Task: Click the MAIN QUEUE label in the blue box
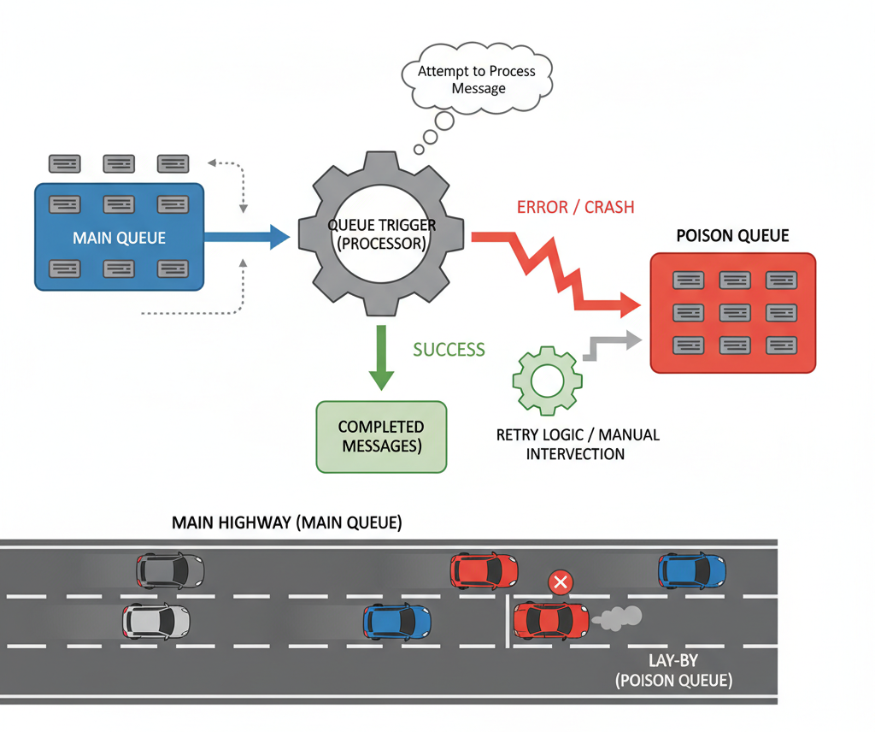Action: (x=119, y=238)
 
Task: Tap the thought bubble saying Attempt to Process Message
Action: (x=476, y=80)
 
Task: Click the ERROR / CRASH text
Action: (x=575, y=208)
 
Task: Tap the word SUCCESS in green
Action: (x=449, y=349)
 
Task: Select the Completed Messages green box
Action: (x=381, y=436)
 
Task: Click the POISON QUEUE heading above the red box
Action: (x=732, y=236)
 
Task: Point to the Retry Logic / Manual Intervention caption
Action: (x=578, y=444)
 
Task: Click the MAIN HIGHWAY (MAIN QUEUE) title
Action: (x=286, y=522)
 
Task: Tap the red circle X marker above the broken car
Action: (x=561, y=583)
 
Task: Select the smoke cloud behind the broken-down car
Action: (x=620, y=618)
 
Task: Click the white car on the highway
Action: (x=156, y=622)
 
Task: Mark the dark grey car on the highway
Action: (x=171, y=570)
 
